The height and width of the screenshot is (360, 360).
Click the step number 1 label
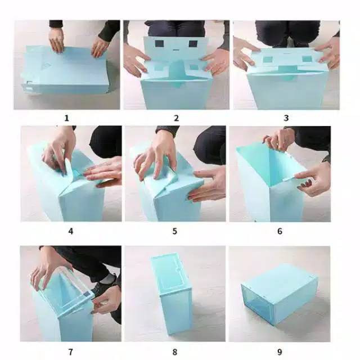(66, 118)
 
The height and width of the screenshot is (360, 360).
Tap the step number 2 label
(176, 118)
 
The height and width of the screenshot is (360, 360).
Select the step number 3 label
(286, 118)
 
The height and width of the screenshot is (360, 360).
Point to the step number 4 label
(71, 231)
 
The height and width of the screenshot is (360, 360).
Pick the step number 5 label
(175, 231)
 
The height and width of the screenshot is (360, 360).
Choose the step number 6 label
(280, 231)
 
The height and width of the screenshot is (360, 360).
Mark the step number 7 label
(70, 352)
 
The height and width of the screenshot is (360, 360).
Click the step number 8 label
(175, 352)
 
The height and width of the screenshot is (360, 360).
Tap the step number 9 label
(280, 352)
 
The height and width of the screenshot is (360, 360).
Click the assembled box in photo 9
(279, 295)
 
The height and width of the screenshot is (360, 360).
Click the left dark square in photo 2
(159, 43)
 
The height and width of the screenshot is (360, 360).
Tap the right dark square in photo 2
(193, 44)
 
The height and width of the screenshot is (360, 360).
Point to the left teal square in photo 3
(268, 60)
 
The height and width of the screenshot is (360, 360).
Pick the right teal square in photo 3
(307, 58)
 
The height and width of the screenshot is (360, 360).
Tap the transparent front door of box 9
(258, 304)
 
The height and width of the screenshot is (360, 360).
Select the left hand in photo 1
(56, 40)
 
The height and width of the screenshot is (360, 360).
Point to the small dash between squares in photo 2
(176, 50)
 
